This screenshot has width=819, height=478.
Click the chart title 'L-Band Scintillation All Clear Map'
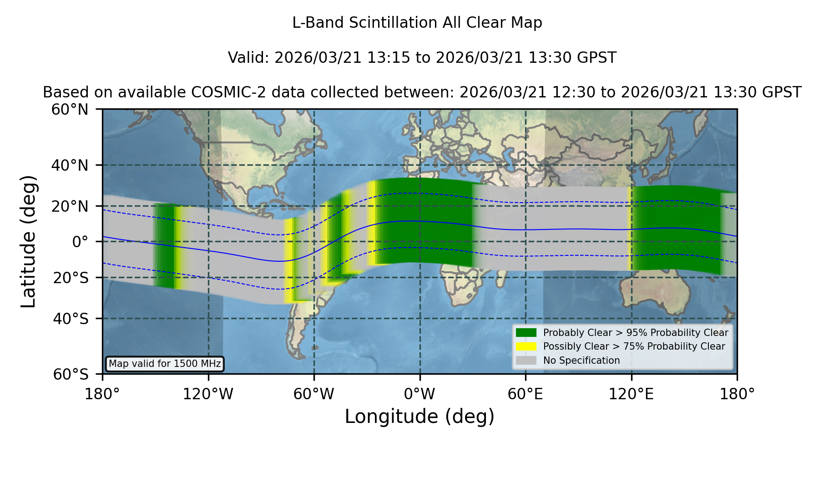point(417,23)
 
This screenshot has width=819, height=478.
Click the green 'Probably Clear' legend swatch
point(526,333)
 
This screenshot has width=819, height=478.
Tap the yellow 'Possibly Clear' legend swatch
point(526,346)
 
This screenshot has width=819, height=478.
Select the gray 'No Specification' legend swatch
point(526,361)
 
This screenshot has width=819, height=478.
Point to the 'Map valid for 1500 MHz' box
point(165,364)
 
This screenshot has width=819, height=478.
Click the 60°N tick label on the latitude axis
point(70,110)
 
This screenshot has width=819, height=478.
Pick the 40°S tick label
point(71,319)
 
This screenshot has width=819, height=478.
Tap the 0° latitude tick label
point(80,242)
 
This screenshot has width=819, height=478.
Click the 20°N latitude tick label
point(70,206)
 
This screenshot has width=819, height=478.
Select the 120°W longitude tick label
point(208,394)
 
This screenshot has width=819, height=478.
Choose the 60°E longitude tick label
point(526,394)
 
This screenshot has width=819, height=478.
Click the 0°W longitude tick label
point(420,394)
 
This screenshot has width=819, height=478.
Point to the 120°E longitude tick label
point(631,394)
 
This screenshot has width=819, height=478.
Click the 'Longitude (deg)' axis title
point(420,417)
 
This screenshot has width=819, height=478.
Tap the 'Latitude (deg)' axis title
point(28,241)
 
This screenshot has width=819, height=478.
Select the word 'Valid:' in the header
point(249,58)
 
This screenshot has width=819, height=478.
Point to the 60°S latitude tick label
point(71,374)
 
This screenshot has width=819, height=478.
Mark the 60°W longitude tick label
point(313,394)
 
